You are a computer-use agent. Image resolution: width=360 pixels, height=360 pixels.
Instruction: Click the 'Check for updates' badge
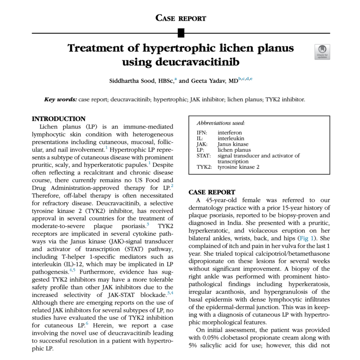coord(322,52)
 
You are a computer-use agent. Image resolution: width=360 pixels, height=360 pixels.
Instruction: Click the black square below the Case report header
coord(180,32)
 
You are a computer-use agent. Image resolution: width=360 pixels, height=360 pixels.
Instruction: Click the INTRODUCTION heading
coord(58,119)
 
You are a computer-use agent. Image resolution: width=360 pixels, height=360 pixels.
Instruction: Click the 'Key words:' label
coord(60,99)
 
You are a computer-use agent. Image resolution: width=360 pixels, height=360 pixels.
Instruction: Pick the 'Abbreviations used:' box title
coord(221,122)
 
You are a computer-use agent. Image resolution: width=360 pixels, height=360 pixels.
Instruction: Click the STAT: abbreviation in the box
coord(204,156)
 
